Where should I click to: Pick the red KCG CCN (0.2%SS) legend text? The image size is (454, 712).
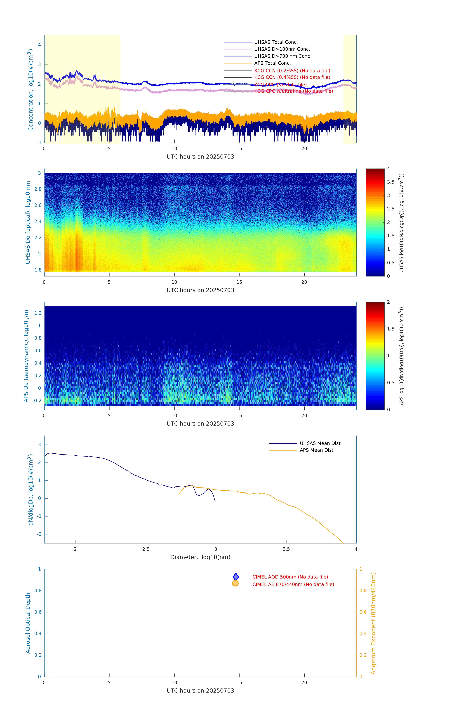[x=292, y=71]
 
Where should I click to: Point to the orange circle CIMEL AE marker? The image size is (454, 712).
[x=235, y=583]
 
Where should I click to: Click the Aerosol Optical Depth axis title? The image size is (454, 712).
[x=28, y=623]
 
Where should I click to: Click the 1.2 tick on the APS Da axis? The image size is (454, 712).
[x=38, y=313]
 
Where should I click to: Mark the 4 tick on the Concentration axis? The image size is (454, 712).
[x=39, y=45]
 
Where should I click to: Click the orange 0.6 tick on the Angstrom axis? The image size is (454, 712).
[x=363, y=612]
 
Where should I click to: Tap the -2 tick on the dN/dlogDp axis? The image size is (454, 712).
[x=39, y=534]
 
